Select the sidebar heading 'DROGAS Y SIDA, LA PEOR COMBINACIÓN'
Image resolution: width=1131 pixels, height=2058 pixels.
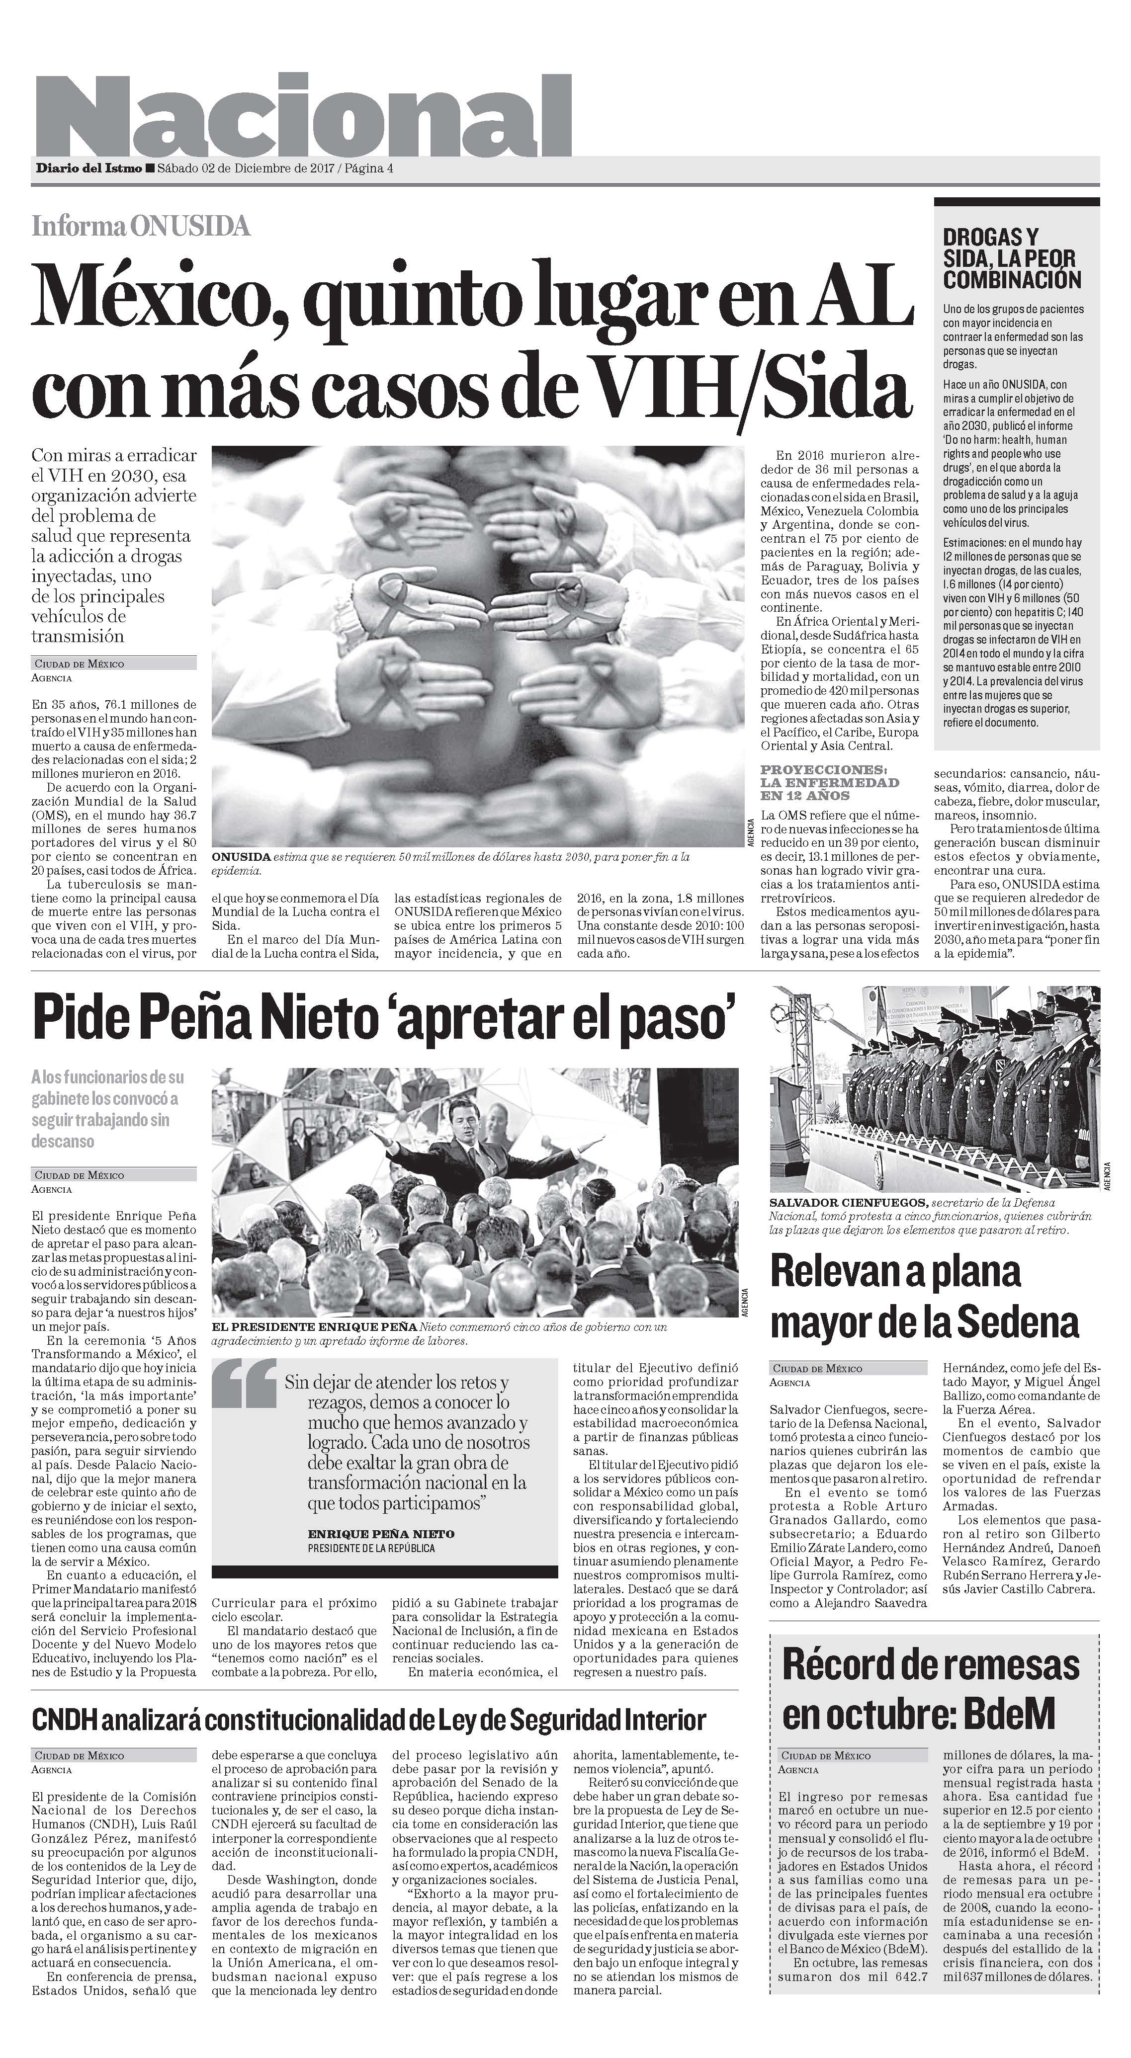click(x=1011, y=258)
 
